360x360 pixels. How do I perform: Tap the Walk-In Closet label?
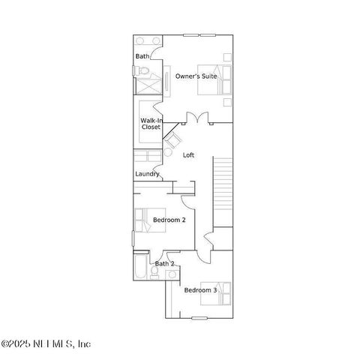pyautogui.click(x=151, y=124)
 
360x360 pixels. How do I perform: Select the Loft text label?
pyautogui.click(x=189, y=155)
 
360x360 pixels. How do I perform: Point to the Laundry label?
pyautogui.click(x=147, y=174)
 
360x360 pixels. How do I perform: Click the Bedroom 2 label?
pyautogui.click(x=169, y=220)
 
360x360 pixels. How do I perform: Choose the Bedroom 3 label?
pyautogui.click(x=200, y=290)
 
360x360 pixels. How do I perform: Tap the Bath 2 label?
pyautogui.click(x=164, y=264)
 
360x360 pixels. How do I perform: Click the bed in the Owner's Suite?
pyautogui.click(x=213, y=80)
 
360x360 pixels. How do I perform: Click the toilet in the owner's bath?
pyautogui.click(x=145, y=71)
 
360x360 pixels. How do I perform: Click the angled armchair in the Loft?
pyautogui.click(x=173, y=139)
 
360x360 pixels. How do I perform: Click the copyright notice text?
pyautogui.click(x=46, y=344)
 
